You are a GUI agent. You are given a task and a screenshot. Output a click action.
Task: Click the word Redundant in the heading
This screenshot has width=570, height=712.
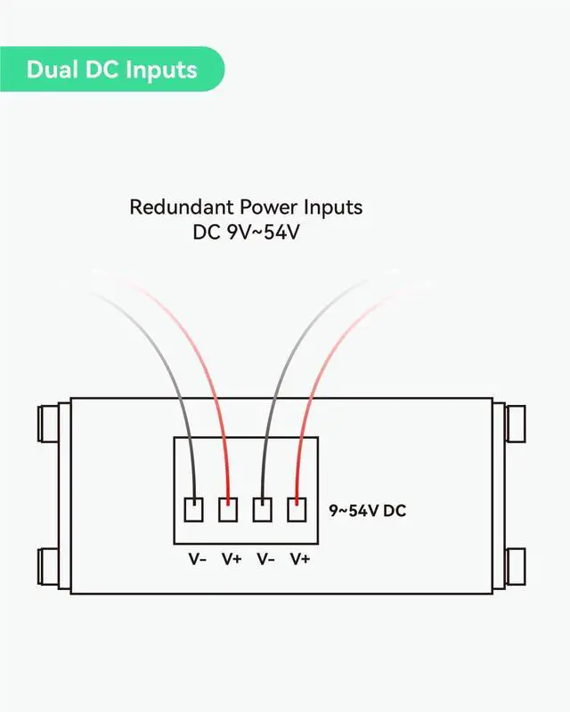(180, 207)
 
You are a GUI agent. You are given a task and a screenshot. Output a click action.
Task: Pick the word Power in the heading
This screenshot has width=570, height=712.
(266, 207)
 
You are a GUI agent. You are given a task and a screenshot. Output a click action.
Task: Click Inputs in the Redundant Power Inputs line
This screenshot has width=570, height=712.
(330, 207)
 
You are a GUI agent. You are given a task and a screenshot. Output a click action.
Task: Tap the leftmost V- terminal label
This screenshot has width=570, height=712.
(197, 559)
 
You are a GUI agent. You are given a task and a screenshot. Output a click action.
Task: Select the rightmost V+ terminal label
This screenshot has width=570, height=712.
(300, 559)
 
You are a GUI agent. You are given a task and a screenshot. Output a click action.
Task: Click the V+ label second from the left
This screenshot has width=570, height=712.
(232, 559)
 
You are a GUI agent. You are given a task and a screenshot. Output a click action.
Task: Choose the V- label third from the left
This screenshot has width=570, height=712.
(265, 559)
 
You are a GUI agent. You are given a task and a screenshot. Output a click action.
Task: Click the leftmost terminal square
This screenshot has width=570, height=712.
(194, 509)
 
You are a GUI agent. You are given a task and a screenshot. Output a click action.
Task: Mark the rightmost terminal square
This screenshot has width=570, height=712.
(297, 509)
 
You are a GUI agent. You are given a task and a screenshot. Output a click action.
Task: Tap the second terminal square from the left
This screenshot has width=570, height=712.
(229, 509)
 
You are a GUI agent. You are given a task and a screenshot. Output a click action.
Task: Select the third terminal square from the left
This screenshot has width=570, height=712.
(263, 509)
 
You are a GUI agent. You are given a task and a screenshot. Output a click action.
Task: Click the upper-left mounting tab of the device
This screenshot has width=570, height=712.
(52, 424)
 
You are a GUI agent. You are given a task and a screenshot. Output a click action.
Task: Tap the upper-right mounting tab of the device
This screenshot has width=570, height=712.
(517, 424)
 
